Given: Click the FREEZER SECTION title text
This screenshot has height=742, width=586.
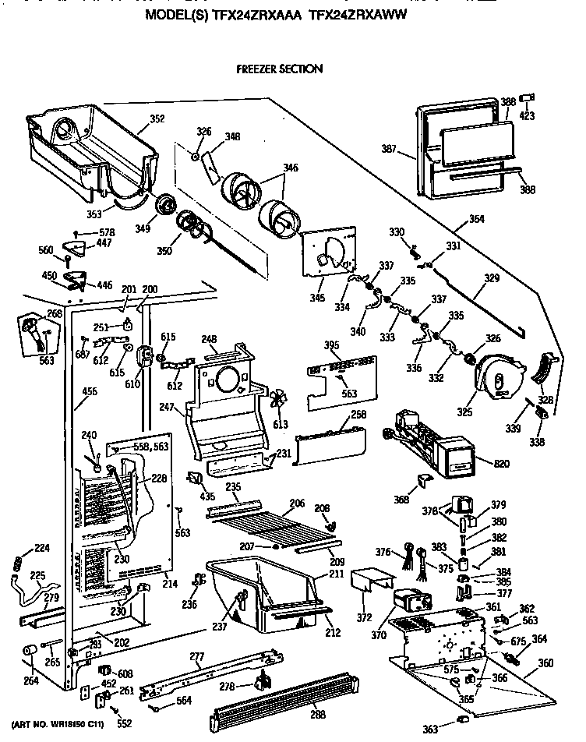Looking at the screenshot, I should [279, 69].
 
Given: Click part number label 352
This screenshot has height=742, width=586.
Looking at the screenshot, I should [157, 120].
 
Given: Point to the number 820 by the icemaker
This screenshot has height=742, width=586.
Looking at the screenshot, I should [501, 465].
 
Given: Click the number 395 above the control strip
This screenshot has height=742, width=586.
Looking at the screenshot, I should [332, 344].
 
